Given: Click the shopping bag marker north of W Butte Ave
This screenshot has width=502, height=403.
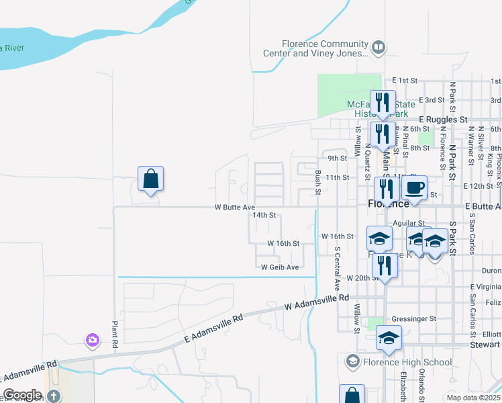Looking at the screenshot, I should [x=151, y=179].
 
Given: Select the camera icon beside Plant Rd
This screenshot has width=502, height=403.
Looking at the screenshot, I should [x=91, y=341].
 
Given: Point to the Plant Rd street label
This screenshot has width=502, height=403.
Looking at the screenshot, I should [x=115, y=334].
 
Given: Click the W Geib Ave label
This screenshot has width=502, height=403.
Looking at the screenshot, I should [x=280, y=267].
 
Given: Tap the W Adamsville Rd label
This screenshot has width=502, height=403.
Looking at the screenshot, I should [x=317, y=302].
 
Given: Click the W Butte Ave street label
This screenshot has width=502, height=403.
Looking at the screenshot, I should [x=235, y=208].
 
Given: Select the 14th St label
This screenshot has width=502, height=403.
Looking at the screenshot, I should [x=264, y=216].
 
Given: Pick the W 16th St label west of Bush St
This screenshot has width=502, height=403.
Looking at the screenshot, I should [x=283, y=243].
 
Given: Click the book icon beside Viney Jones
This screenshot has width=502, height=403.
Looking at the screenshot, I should [x=379, y=48].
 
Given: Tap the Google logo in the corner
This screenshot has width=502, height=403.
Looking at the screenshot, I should [x=22, y=395].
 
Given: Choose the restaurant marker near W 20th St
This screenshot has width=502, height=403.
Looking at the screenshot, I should [x=385, y=265].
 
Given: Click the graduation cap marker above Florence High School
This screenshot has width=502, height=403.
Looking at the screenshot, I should [x=389, y=338].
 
